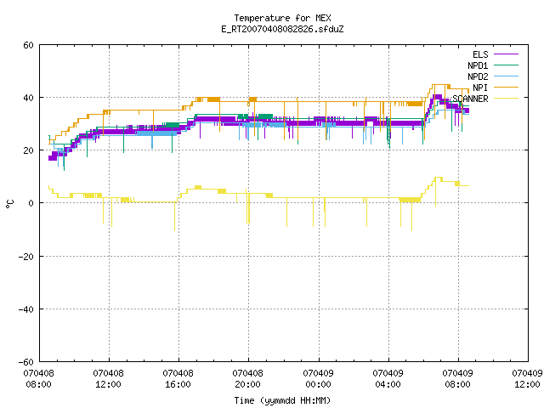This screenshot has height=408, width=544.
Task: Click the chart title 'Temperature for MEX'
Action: pyautogui.click(x=282, y=18)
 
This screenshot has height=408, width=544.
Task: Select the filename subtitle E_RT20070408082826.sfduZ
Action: pyautogui.click(x=282, y=29)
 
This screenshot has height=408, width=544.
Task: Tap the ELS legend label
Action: pyautogui.click(x=480, y=54)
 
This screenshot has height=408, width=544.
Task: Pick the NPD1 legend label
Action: pyautogui.click(x=478, y=65)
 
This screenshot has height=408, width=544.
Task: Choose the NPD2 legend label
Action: pyautogui.click(x=478, y=76)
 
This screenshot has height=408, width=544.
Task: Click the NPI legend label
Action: pyautogui.click(x=480, y=88)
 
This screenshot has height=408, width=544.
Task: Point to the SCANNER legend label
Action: pyautogui.click(x=470, y=99)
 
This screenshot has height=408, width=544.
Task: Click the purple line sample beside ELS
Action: pyautogui.click(x=506, y=54)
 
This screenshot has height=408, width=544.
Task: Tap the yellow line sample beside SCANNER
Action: pyautogui.click(x=506, y=99)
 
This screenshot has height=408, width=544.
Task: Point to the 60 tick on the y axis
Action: pyautogui.click(x=28, y=45)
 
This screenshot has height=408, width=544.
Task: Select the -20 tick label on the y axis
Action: pyautogui.click(x=26, y=257)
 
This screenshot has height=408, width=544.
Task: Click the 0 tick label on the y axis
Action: pyautogui.click(x=31, y=203)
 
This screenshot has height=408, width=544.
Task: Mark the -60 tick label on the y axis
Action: pyautogui.click(x=26, y=362)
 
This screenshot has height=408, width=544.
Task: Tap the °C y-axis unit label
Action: pyautogui.click(x=10, y=204)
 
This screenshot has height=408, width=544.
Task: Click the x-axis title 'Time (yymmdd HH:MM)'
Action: pyautogui.click(x=282, y=400)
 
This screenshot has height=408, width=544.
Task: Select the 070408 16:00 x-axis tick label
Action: pyautogui.click(x=178, y=379)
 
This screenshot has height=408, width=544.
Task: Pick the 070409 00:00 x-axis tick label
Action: pyautogui.click(x=318, y=379)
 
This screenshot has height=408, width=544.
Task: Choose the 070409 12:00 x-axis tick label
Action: pyautogui.click(x=527, y=379)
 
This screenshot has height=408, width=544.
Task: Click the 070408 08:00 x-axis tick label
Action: pyautogui.click(x=38, y=379)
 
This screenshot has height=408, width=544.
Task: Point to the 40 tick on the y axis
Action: pyautogui.click(x=28, y=98)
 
